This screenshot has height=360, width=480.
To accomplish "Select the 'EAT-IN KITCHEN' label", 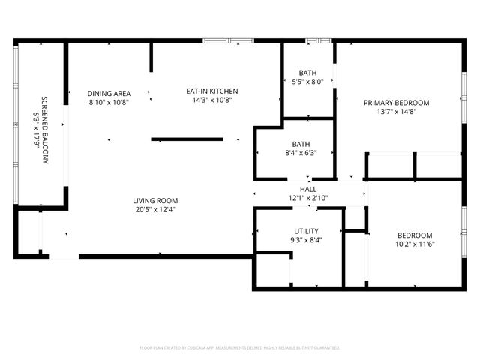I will (212, 91).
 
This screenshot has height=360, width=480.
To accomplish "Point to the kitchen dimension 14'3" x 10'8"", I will (212, 100).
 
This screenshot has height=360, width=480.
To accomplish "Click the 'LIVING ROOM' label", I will (154, 200).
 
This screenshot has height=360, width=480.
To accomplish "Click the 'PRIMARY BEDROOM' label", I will (396, 103).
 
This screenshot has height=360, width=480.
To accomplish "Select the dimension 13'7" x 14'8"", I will (396, 112).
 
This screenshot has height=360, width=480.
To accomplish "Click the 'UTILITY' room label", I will (306, 231).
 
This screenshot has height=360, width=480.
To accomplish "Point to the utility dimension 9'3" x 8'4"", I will (306, 240).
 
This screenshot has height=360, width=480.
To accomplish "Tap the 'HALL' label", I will (308, 190).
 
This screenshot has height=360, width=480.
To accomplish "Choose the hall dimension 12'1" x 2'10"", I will (308, 198).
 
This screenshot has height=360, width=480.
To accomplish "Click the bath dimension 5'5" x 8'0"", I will (307, 82).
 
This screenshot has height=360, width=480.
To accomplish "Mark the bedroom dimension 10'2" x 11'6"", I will (414, 244).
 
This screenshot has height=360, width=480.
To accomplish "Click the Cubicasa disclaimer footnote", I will (240, 348).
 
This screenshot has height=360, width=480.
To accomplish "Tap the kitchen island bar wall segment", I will (187, 139).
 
